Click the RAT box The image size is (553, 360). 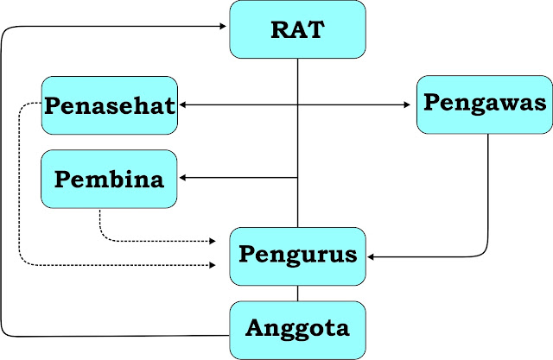click(298, 30)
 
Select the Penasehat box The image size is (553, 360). click(109, 105)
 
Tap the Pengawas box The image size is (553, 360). click(485, 104)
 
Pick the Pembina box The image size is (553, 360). click(109, 179)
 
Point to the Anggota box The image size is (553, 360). click(298, 329)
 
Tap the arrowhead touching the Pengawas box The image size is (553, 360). click(410, 105)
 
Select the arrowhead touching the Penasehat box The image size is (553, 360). click(182, 105)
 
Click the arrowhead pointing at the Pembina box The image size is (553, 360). click(182, 178)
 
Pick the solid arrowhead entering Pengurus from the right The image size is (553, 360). click(372, 256)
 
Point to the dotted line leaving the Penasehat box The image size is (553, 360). click(20, 190)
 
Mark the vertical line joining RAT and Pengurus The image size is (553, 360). click(298, 138)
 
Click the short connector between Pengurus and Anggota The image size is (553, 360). click(298, 294)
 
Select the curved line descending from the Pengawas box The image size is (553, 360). click(489, 199)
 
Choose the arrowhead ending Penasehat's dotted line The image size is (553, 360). click(213, 262)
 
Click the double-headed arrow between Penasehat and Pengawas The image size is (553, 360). click(294, 105)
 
